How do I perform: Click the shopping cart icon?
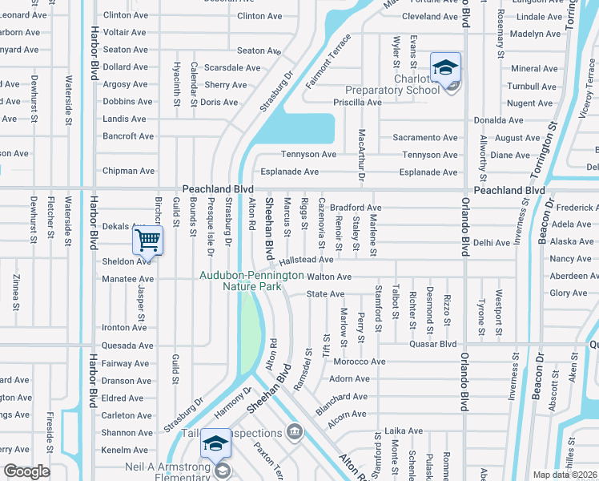click(x=147, y=239)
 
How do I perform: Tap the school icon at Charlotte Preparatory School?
click(x=445, y=67)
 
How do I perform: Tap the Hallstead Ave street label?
click(x=307, y=260)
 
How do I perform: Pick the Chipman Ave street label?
click(x=128, y=171)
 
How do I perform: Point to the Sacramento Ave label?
click(x=424, y=137)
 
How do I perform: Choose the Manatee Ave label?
click(x=128, y=278)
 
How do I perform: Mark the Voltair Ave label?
click(x=124, y=33)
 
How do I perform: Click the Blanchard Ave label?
click(x=342, y=396)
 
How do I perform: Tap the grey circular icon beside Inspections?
click(x=295, y=433)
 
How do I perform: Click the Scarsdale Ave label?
click(x=228, y=67)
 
